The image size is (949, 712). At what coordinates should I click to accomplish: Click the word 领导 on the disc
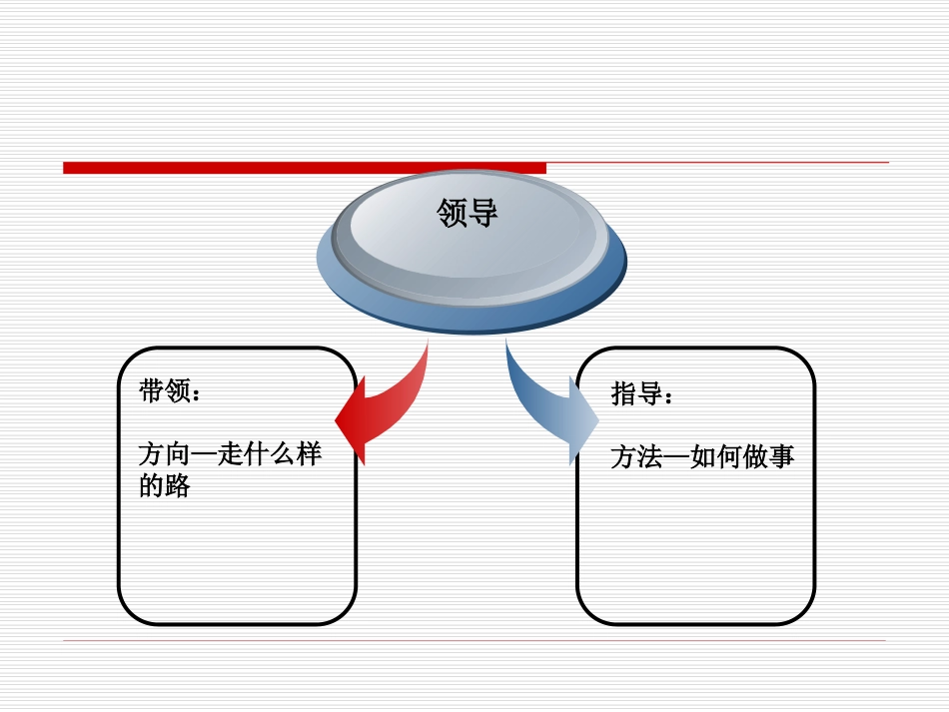tap(467, 213)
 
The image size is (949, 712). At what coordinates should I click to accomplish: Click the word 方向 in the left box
tap(163, 454)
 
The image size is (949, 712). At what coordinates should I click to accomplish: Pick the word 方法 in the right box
tap(636, 457)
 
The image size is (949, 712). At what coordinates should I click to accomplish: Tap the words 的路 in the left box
tap(163, 487)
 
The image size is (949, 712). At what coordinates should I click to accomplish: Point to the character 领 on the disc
tap(452, 213)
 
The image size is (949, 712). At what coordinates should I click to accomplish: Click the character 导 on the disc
tap(482, 213)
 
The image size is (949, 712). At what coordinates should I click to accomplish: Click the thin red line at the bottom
tap(474, 640)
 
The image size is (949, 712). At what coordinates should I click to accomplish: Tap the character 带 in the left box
tap(151, 392)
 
